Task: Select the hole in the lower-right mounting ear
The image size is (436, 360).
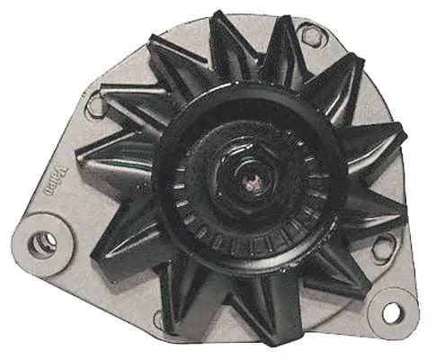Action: coord(393,312)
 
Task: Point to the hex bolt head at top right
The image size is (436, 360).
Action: coord(311,37)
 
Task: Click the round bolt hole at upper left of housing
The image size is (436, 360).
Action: coord(95,106)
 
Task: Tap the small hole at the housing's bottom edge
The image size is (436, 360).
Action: coord(163,319)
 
